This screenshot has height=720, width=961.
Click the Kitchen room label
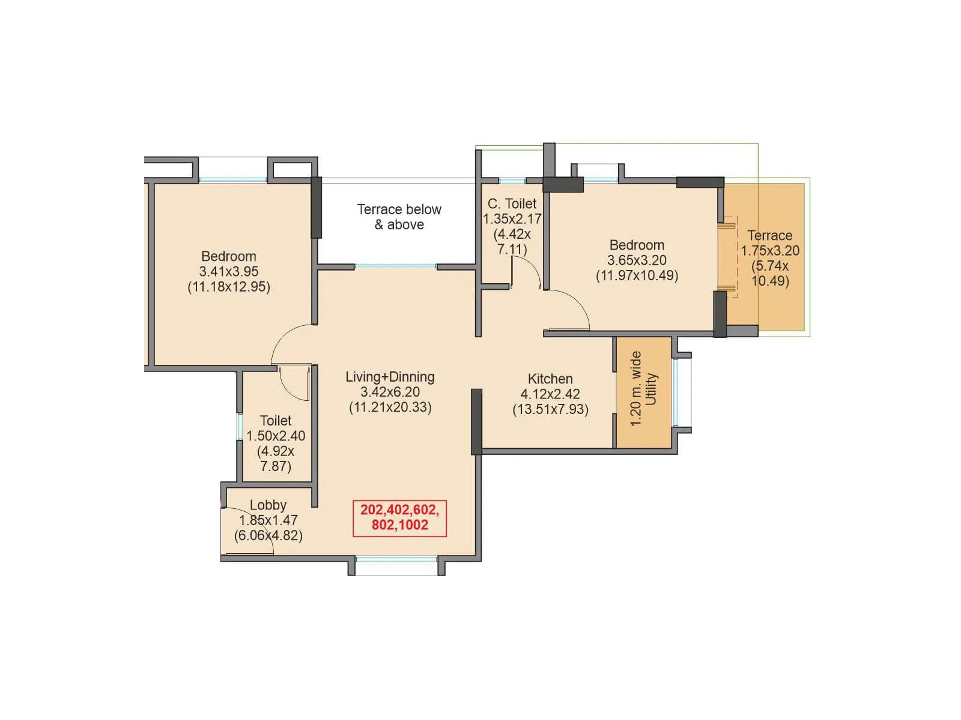point(550,379)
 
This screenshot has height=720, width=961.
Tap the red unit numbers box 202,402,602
point(399,518)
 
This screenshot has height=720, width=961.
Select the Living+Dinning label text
point(390,377)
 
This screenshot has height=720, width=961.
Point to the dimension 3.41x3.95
point(229,272)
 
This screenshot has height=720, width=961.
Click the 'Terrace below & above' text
point(399,217)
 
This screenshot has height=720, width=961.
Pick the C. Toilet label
point(512,204)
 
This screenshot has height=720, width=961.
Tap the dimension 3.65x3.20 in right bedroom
point(637,260)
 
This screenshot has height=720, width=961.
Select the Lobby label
point(268,505)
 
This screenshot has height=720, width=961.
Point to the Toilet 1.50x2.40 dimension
point(276,436)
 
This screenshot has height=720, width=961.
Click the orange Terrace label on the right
point(769,236)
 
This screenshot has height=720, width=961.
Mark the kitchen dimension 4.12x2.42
point(550,394)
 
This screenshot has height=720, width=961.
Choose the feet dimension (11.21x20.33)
point(390,407)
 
